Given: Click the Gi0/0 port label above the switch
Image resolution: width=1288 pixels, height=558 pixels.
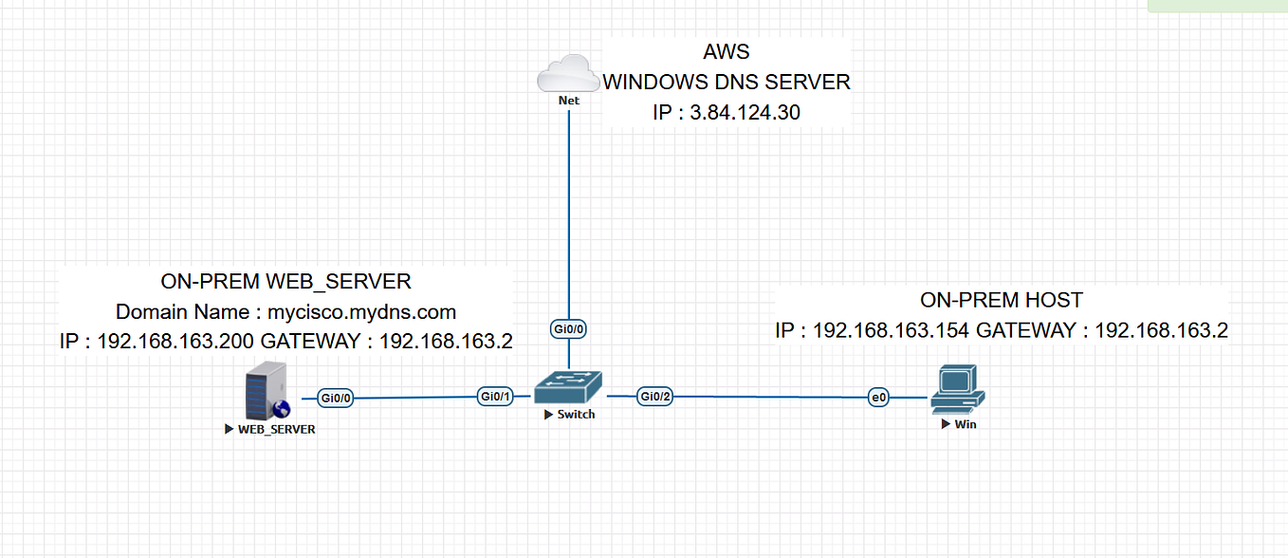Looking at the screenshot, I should [x=568, y=329].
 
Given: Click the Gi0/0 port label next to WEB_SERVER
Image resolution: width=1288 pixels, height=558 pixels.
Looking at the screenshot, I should [x=337, y=399].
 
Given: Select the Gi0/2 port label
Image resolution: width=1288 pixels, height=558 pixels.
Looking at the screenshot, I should [x=654, y=397].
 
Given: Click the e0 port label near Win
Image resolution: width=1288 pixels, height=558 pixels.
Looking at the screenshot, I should [x=879, y=399].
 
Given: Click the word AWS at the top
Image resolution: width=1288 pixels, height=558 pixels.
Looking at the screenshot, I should [x=727, y=51].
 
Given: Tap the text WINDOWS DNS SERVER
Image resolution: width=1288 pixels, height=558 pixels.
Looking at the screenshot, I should [x=727, y=83].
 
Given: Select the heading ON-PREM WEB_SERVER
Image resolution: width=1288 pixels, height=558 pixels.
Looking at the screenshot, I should [x=285, y=281].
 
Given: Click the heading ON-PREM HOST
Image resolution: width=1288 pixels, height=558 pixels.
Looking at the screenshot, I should [x=1001, y=300].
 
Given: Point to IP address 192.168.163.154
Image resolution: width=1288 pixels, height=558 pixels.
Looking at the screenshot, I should [x=892, y=330].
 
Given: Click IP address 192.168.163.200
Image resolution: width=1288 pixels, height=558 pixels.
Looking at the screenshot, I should [x=176, y=342].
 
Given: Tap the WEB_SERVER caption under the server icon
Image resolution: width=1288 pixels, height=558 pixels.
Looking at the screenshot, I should [x=276, y=429].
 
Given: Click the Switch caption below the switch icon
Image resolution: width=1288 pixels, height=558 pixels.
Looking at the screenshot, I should [x=576, y=415].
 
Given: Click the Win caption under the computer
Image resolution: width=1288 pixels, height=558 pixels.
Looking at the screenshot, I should [x=965, y=424].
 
